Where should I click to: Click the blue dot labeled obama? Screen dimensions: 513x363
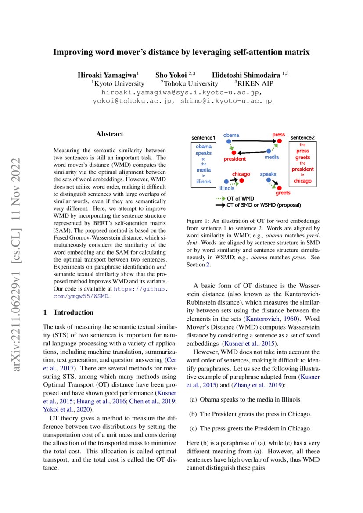pyautogui.click(x=228, y=141)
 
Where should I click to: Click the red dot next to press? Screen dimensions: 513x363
pyautogui.click(x=279, y=141)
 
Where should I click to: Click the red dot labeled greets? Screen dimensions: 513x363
pyautogui.click(x=278, y=188)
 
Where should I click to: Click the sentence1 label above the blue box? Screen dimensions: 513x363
pyautogui.click(x=204, y=138)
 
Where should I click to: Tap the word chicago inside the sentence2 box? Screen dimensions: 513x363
pyautogui.click(x=302, y=181)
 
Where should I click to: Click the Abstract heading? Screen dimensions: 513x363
pyautogui.click(x=110, y=134)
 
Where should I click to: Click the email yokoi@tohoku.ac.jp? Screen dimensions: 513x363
pyautogui.click(x=128, y=101)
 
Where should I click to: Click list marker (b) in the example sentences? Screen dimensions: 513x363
pyautogui.click(x=193, y=414)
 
